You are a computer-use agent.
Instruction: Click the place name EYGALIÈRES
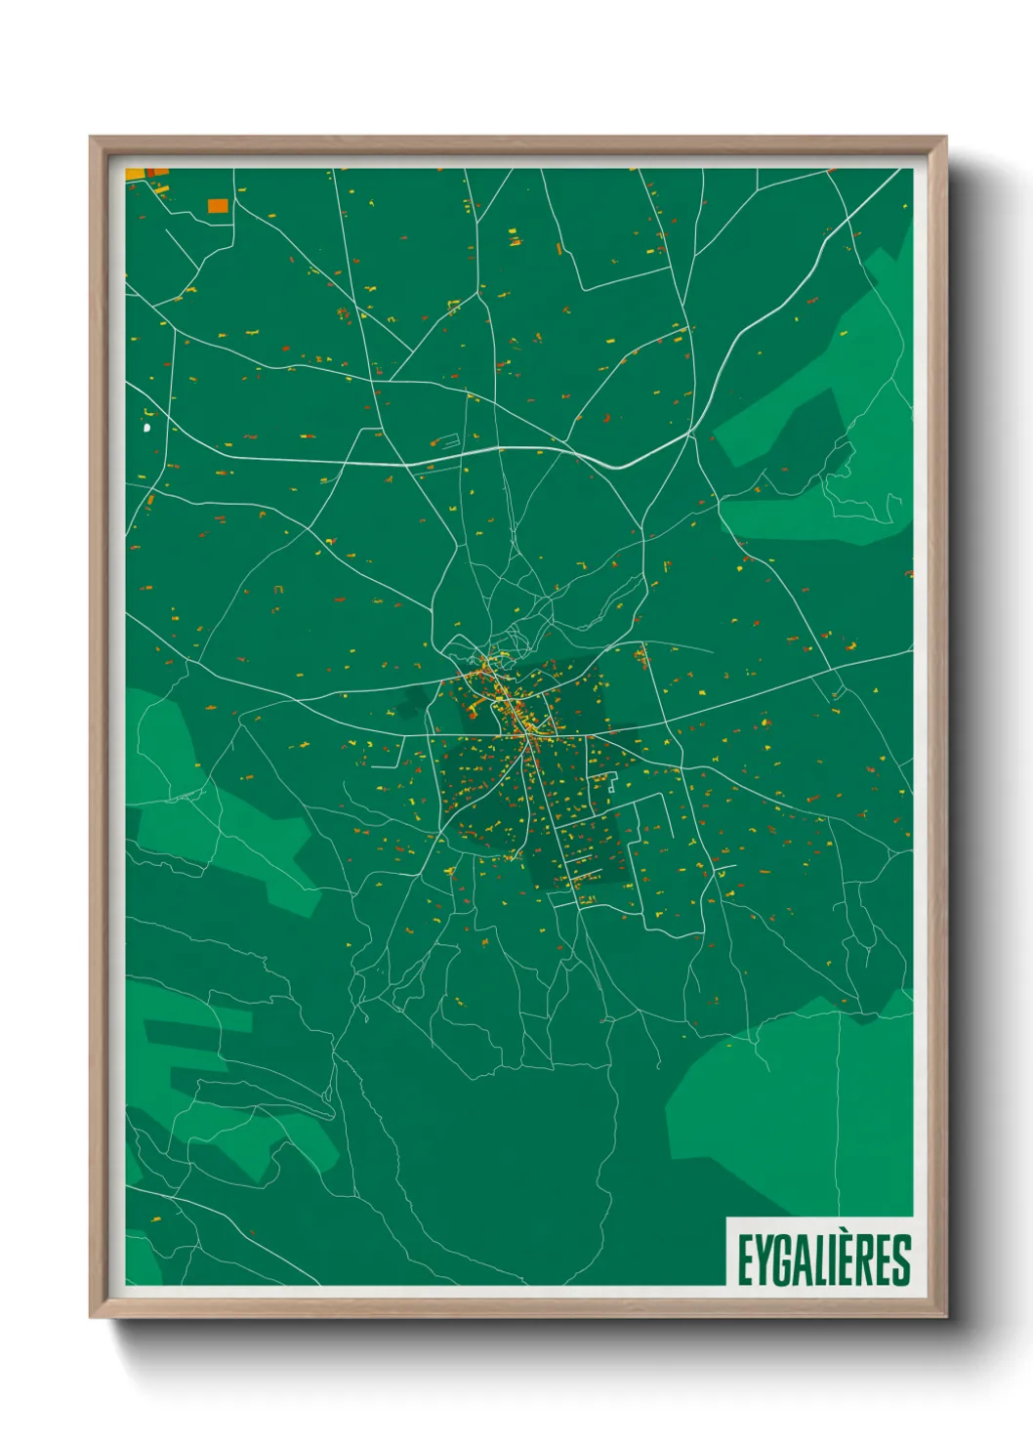coord(823,1259)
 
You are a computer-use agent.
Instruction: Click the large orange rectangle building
coord(218,205)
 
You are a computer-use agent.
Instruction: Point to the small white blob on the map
coord(147,427)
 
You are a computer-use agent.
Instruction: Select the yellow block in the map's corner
coord(135,175)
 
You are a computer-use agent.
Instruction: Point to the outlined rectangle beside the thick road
coord(445,441)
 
